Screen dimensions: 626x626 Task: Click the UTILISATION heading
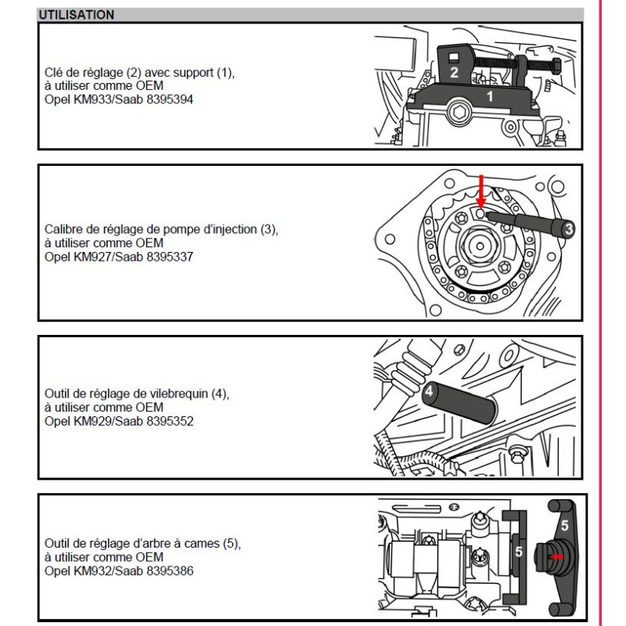pos(76,15)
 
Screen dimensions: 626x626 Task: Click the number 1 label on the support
pos(491,97)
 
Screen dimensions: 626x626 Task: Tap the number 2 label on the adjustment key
pos(454,73)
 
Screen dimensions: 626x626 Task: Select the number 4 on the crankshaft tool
pos(430,394)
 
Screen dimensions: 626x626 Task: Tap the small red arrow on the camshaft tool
pos(556,556)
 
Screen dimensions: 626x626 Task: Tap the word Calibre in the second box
pos(63,229)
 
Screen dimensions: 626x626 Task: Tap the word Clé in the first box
pos(54,73)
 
